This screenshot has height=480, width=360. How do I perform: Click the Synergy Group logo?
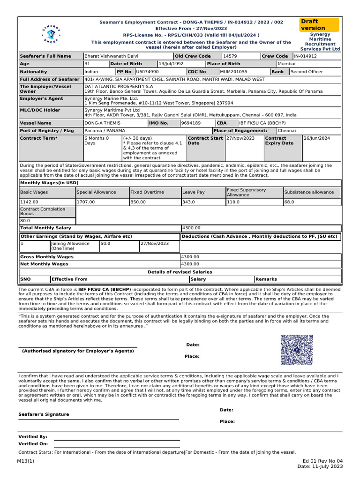(49, 34)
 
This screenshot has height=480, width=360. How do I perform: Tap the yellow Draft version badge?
(320, 25)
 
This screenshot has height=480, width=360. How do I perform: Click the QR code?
(296, 350)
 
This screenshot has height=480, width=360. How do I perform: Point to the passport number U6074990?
(147, 72)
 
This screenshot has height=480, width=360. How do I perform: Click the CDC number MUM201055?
(234, 72)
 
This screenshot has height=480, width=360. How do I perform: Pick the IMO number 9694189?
(191, 123)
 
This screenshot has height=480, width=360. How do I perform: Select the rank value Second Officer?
(307, 72)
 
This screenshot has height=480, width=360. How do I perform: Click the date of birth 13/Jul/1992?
(171, 64)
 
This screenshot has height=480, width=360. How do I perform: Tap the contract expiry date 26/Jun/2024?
(317, 138)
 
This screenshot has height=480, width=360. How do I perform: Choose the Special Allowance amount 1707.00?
(86, 202)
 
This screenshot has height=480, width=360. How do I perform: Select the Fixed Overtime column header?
(147, 192)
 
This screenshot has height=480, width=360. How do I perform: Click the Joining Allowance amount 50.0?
(105, 244)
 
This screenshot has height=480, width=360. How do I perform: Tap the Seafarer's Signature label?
(44, 414)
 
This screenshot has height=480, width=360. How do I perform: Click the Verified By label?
(33, 436)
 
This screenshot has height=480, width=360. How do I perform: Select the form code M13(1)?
(26, 461)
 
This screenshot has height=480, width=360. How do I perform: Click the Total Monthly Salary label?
(45, 227)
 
